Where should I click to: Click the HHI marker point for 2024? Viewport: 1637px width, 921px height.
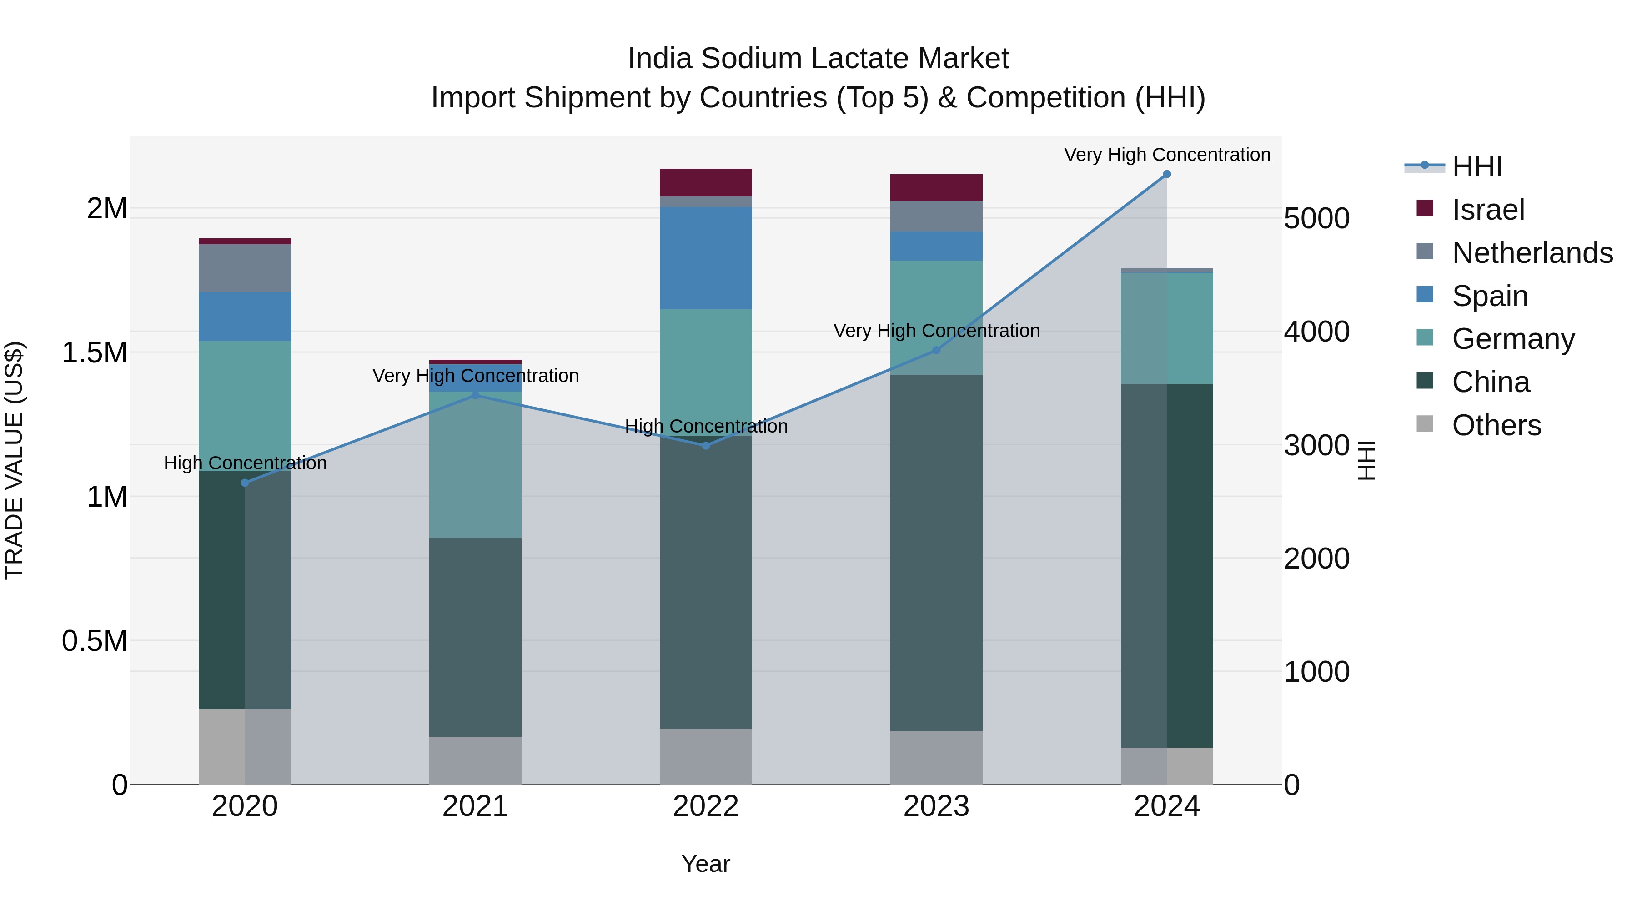[1167, 174]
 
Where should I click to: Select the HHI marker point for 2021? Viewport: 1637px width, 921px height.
[475, 395]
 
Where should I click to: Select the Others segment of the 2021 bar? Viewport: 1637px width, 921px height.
[475, 760]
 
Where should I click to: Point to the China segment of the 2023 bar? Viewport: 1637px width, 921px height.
[936, 553]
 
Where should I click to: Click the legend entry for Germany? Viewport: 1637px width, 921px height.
[1513, 339]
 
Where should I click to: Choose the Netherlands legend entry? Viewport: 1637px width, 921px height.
[1532, 253]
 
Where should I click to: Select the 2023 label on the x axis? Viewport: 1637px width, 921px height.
[936, 806]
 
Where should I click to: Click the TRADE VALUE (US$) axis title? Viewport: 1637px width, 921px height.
[14, 460]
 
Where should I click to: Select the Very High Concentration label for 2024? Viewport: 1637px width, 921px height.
[1167, 155]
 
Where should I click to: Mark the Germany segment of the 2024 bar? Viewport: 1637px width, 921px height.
[1167, 328]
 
